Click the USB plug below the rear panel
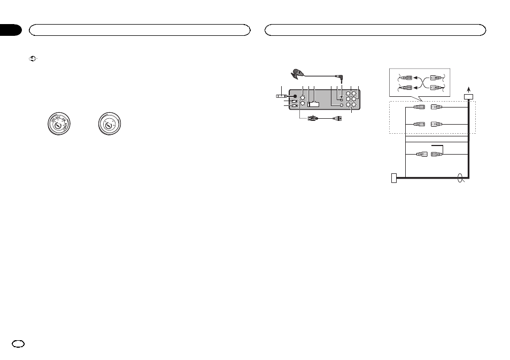click(x=312, y=118)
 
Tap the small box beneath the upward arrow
click(x=469, y=97)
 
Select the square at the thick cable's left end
click(x=395, y=179)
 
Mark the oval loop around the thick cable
click(x=460, y=179)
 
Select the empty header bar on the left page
click(x=140, y=29)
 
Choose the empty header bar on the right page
click(x=375, y=29)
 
